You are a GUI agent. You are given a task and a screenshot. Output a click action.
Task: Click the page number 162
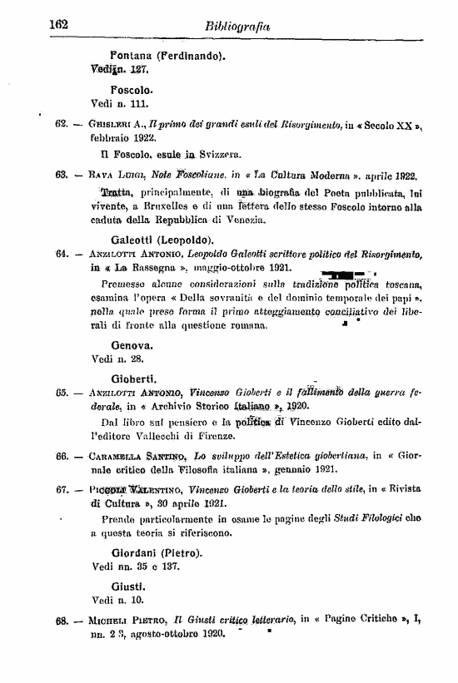[58, 25]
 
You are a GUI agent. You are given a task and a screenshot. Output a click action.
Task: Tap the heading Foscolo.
[131, 91]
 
